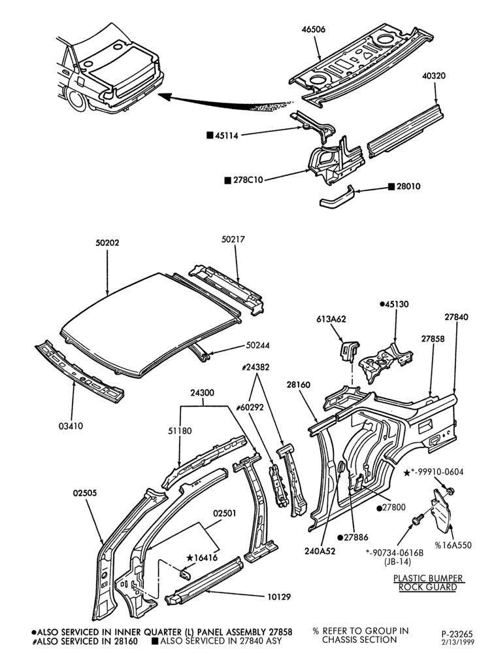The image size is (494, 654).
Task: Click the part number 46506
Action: click(314, 29)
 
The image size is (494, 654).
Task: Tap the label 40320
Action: click(433, 76)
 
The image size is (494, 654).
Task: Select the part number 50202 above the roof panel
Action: click(107, 243)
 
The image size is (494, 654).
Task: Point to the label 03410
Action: click(71, 426)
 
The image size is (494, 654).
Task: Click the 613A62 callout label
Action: click(331, 319)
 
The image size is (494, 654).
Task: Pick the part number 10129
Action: click(279, 597)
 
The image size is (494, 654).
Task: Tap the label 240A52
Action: click(320, 551)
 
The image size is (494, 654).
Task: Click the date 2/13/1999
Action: click(457, 643)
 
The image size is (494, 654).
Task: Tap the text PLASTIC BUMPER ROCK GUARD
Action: click(428, 583)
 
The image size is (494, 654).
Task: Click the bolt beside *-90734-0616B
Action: click(418, 520)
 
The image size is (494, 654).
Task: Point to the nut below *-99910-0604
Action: click(450, 490)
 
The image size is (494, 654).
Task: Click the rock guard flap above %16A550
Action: click(441, 511)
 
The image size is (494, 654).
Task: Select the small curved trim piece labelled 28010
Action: click(337, 197)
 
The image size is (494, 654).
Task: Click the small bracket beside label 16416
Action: click(185, 574)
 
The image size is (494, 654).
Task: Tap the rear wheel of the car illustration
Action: click(76, 101)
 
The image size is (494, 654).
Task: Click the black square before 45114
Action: click(210, 135)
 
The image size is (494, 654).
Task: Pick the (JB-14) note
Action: click(397, 561)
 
